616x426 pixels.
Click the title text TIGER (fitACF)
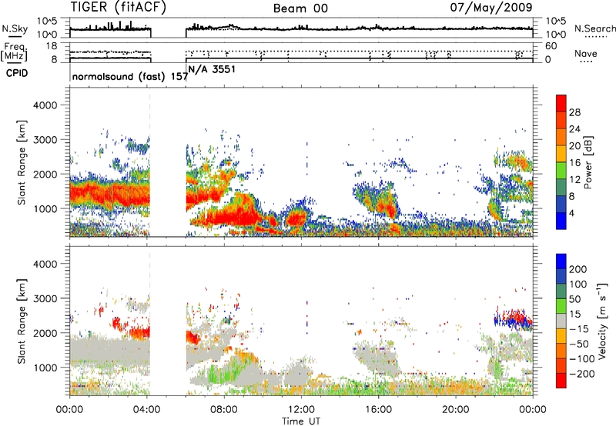(x=119, y=8)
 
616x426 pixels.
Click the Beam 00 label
(x=300, y=8)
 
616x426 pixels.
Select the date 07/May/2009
(x=491, y=7)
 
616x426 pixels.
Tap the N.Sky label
(x=15, y=28)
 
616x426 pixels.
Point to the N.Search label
(x=594, y=28)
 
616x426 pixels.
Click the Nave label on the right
(x=586, y=53)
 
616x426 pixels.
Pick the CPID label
(x=17, y=73)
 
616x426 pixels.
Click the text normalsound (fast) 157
(x=130, y=76)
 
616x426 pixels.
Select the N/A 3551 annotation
(x=213, y=69)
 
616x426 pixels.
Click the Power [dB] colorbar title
(x=588, y=162)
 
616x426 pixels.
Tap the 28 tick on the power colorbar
(x=574, y=112)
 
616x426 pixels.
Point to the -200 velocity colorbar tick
(x=581, y=374)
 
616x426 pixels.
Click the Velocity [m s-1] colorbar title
(x=602, y=321)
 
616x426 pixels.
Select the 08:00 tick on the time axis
(x=224, y=410)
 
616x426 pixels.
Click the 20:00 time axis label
(x=456, y=410)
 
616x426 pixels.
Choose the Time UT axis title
(x=301, y=421)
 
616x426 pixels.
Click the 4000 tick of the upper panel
(x=45, y=105)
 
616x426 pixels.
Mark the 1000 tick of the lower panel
(x=45, y=368)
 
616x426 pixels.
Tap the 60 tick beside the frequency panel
(x=551, y=46)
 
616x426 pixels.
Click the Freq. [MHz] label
(x=14, y=52)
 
